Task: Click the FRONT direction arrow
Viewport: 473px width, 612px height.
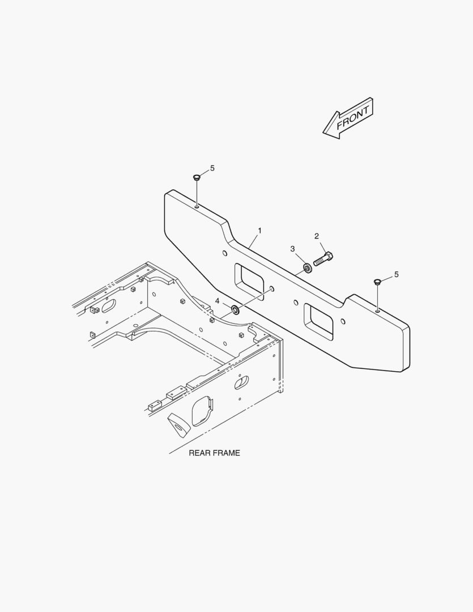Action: click(x=348, y=118)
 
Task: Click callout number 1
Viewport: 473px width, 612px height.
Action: click(x=259, y=231)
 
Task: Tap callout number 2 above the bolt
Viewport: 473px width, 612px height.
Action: click(x=317, y=236)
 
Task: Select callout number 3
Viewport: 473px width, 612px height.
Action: click(x=293, y=249)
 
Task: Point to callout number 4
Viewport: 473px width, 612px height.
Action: click(x=218, y=301)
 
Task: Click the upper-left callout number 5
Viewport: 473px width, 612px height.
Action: click(x=212, y=168)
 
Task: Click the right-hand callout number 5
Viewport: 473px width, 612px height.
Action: click(x=397, y=274)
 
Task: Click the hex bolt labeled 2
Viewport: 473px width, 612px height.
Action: click(x=323, y=259)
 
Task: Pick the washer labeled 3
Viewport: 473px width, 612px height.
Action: click(x=308, y=268)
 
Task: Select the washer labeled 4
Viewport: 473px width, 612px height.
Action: click(x=235, y=310)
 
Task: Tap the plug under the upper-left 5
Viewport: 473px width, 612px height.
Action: click(x=197, y=177)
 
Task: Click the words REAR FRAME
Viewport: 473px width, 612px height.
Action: click(x=214, y=453)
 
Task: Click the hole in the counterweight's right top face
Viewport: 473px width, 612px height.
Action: click(x=378, y=311)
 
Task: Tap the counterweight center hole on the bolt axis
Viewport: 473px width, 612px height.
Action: click(x=272, y=289)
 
